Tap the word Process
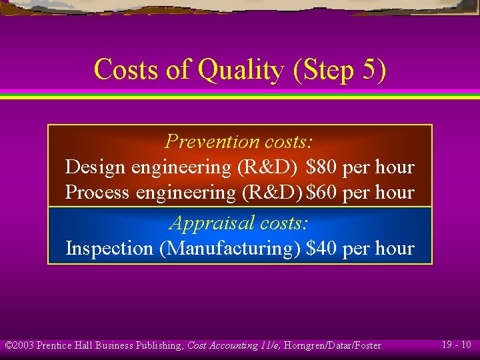click(x=97, y=193)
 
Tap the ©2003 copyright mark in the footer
click(x=19, y=345)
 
